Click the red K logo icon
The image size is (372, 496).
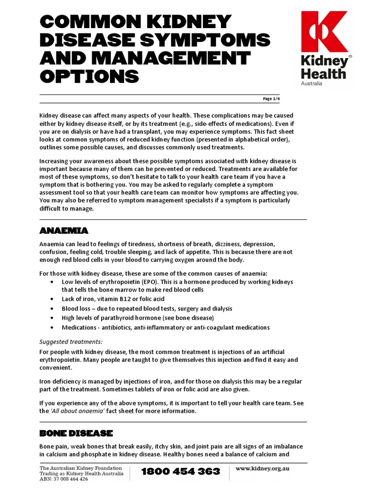[324, 31]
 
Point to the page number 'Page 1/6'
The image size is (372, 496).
[271, 99]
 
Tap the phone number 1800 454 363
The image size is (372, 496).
[181, 471]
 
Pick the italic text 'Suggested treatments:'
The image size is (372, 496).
[71, 341]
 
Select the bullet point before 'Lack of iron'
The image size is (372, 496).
[52, 299]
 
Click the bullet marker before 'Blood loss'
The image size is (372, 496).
[52, 309]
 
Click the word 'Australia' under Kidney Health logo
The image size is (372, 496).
[311, 83]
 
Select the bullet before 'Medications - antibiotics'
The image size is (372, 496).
[52, 327]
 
